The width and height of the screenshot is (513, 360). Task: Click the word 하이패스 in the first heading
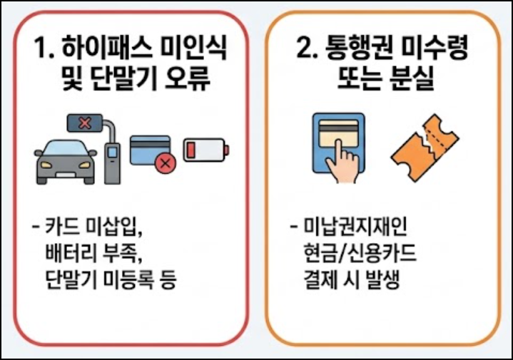(106, 47)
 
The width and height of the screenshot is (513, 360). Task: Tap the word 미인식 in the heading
(193, 47)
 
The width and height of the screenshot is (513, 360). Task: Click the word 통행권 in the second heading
(357, 47)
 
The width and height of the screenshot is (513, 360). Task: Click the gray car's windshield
(66, 148)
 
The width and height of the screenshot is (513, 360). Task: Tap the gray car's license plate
(66, 175)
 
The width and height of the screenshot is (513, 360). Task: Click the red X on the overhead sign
(85, 123)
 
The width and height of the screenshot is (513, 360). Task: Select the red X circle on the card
(166, 163)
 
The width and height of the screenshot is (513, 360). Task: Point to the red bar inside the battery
(191, 150)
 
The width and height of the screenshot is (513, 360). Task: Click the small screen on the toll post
(112, 152)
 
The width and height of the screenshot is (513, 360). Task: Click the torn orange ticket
(425, 148)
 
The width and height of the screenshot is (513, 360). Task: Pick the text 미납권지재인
(355, 226)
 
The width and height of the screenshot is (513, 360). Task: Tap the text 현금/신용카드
(360, 253)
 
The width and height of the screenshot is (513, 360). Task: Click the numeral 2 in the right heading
(304, 48)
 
